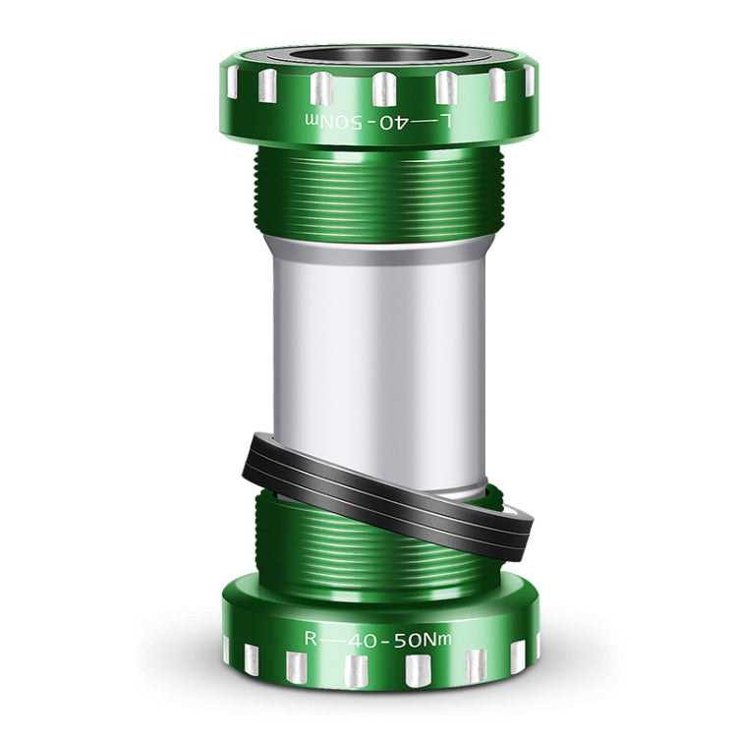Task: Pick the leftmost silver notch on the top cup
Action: [232, 82]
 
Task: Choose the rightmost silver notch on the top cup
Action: [529, 81]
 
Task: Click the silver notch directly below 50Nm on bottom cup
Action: [420, 670]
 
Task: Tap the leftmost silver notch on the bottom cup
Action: [227, 649]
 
